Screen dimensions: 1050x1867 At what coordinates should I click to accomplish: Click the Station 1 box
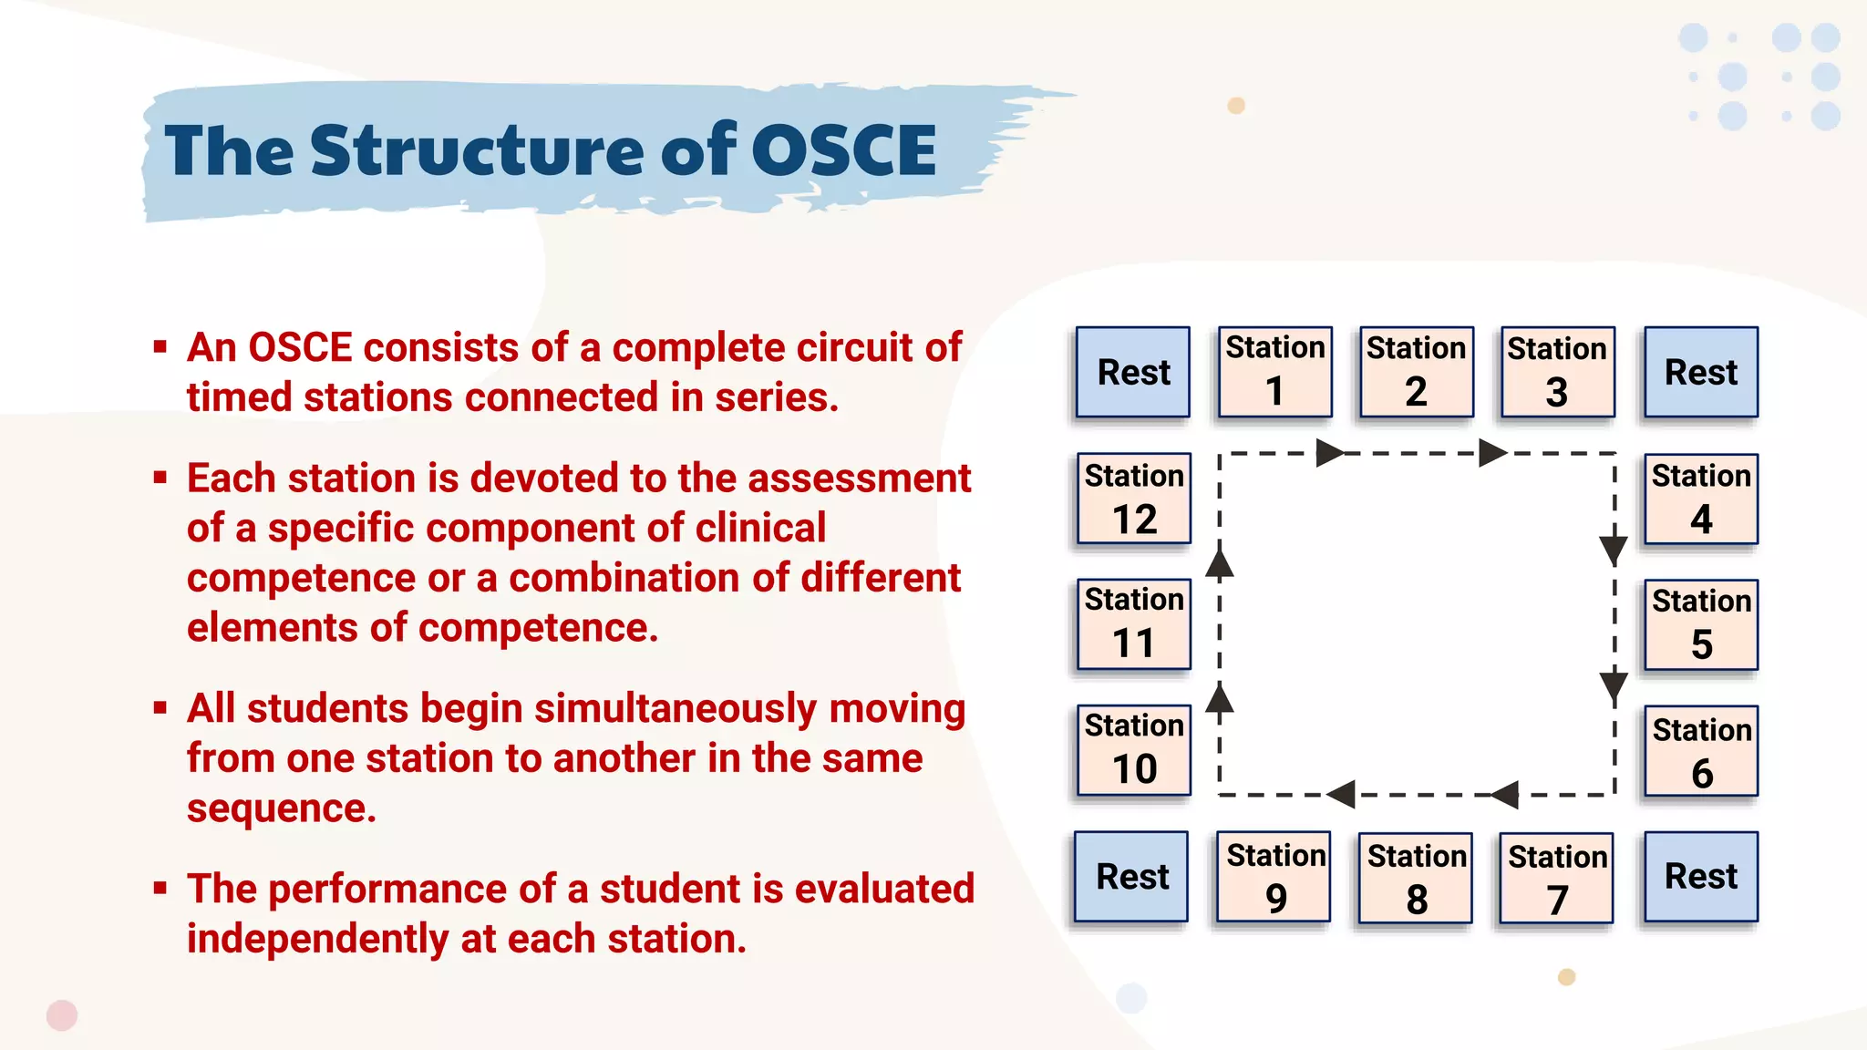coord(1274,372)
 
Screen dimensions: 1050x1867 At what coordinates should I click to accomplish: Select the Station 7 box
coord(1556,878)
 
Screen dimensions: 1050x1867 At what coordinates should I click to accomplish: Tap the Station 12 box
coord(1134,499)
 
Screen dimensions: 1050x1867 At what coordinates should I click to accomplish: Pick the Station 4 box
coord(1701,499)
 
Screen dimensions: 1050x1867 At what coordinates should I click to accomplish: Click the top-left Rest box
coord(1133,372)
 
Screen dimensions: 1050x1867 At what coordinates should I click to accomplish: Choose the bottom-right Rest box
coord(1701,877)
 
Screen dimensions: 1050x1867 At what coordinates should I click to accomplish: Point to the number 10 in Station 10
coord(1134,769)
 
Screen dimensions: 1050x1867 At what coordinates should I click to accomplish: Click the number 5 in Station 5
coord(1701,645)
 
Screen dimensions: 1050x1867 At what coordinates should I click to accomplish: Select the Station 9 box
coord(1274,877)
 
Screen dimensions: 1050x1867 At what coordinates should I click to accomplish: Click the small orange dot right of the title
coord(1236,106)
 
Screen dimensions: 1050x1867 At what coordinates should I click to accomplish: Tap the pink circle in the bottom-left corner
coord(62,1015)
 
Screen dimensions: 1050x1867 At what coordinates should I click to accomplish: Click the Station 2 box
coord(1416,372)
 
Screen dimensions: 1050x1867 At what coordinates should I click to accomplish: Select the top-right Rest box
coord(1701,372)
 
